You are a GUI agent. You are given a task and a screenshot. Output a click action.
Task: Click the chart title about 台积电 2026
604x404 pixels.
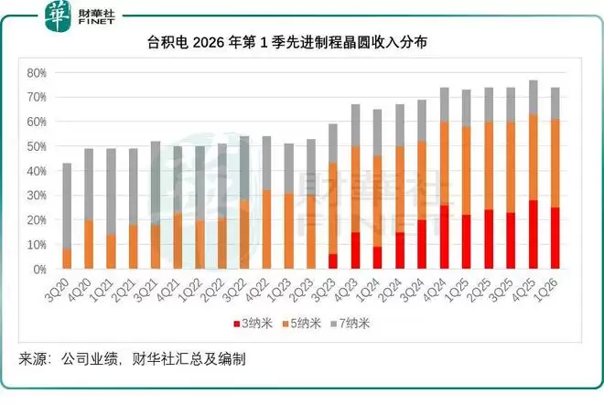coord(301,43)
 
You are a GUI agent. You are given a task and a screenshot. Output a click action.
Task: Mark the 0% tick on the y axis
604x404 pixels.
coord(39,270)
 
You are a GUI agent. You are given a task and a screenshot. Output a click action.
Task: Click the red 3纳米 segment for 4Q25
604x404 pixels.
coord(533,235)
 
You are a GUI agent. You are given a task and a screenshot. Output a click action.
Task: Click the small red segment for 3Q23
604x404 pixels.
coord(332,261)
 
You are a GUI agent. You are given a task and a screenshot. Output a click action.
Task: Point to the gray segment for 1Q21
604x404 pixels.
coord(110,191)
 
